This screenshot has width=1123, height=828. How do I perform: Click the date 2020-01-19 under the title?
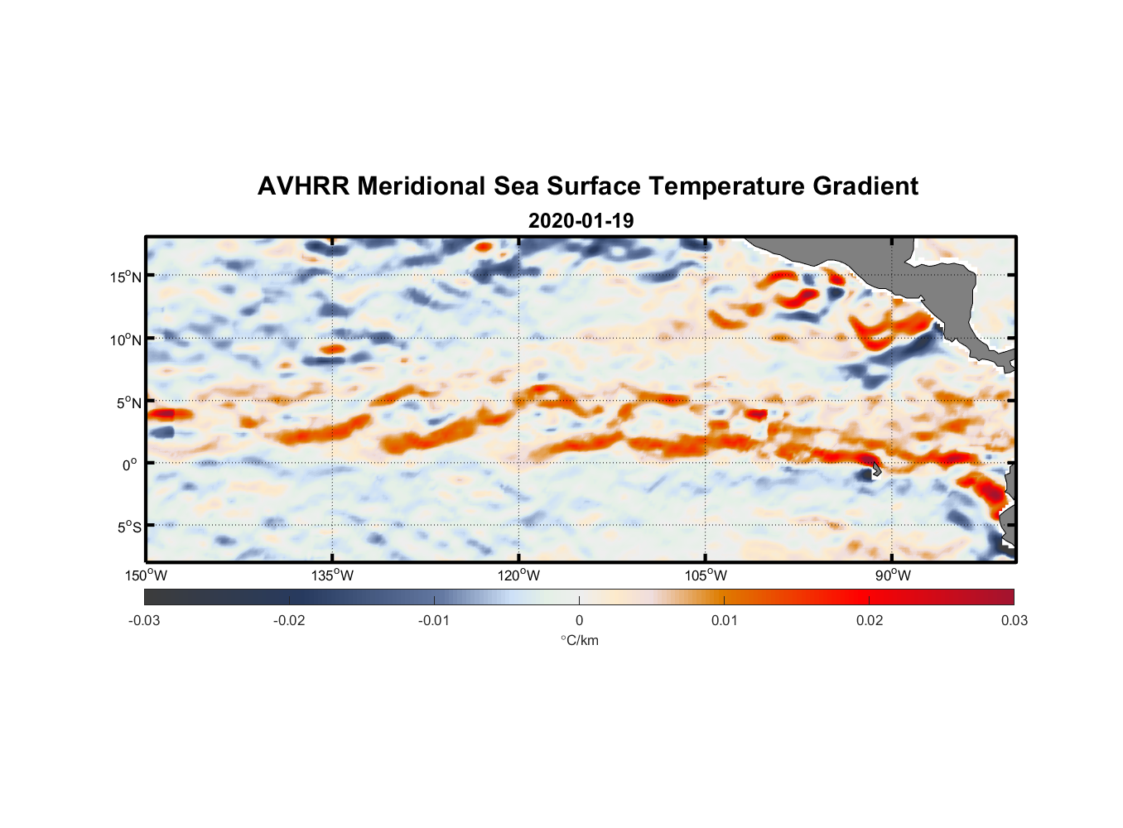click(x=581, y=221)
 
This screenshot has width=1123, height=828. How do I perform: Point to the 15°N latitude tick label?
click(x=126, y=277)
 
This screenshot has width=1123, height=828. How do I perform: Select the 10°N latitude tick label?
click(x=126, y=339)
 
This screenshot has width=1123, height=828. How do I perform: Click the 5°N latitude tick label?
click(x=128, y=402)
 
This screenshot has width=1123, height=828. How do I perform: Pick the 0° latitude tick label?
click(x=130, y=465)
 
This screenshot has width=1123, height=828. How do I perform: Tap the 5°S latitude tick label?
click(x=128, y=527)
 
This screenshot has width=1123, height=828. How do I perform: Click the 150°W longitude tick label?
click(x=146, y=575)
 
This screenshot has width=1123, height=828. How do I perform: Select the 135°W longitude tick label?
click(x=332, y=575)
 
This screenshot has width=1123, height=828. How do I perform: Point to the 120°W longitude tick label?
click(x=518, y=575)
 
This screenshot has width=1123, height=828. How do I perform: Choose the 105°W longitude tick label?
click(x=706, y=575)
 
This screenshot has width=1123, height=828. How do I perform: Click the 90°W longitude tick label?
click(x=893, y=575)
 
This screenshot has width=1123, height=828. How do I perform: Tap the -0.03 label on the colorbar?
click(x=144, y=620)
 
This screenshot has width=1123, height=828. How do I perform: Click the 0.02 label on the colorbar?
click(x=869, y=620)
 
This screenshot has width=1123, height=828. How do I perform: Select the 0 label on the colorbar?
click(x=579, y=620)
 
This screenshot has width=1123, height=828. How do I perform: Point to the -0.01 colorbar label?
click(x=434, y=620)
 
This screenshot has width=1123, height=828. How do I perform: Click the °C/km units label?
click(x=579, y=640)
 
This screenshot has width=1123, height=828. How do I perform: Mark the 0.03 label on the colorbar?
click(x=1014, y=620)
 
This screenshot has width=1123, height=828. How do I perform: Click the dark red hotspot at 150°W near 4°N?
click(x=163, y=412)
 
